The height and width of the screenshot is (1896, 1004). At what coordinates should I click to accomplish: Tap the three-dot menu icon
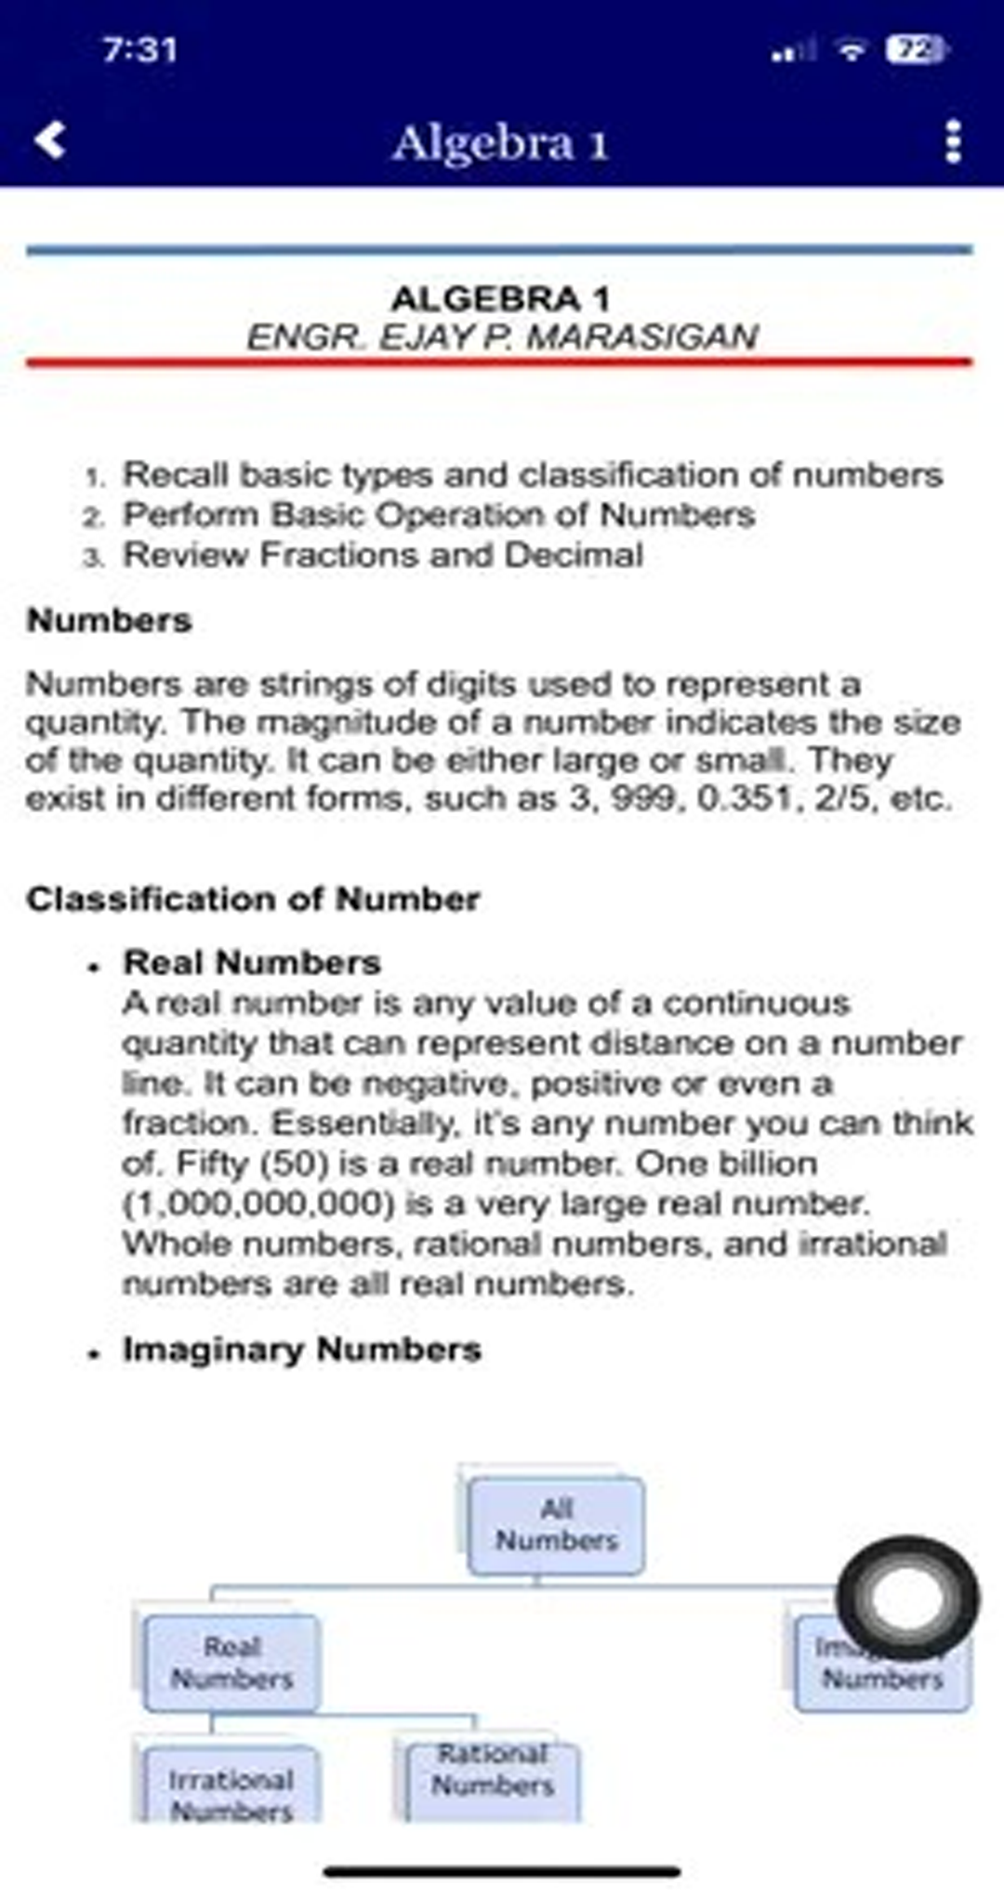tap(952, 142)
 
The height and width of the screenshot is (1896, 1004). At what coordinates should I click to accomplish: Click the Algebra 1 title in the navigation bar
tap(500, 143)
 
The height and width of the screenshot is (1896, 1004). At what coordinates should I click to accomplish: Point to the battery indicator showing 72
tap(917, 48)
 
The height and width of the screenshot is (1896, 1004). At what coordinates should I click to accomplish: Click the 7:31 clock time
tap(139, 49)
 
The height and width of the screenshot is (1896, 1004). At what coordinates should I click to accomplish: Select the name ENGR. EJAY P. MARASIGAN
tap(502, 336)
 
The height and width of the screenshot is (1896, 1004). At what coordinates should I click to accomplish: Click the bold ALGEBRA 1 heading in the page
tap(500, 298)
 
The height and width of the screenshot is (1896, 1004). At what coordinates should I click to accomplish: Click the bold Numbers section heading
tap(110, 620)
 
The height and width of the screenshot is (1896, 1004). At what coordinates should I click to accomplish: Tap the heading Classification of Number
tap(253, 899)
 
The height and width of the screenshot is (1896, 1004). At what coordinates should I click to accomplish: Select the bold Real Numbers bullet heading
tap(252, 962)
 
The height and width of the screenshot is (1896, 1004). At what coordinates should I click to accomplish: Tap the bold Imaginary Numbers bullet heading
tap(302, 1349)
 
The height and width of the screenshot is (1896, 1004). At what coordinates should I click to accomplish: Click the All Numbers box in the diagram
tap(556, 1525)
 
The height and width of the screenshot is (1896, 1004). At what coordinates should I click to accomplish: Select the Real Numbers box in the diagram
tap(232, 1663)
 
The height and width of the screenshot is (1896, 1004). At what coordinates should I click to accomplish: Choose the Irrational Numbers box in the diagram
tap(231, 1789)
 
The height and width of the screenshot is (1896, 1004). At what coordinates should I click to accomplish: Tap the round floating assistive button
tap(907, 1598)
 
